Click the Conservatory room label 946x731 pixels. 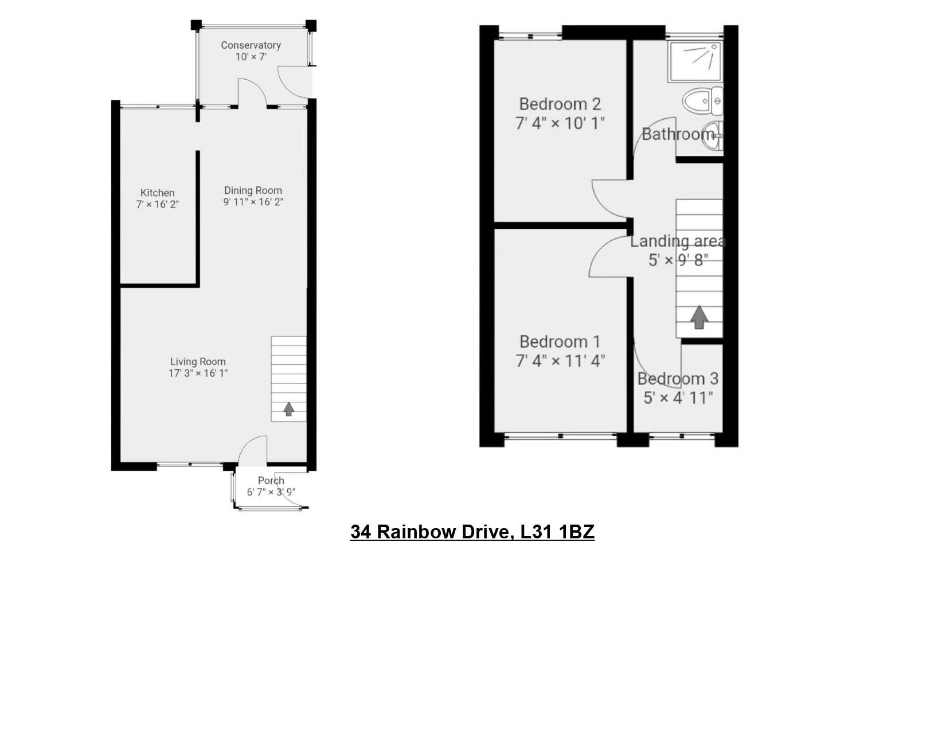tap(251, 45)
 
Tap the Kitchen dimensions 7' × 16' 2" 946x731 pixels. tap(157, 205)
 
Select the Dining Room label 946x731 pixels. tap(253, 190)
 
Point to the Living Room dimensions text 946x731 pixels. tap(198, 373)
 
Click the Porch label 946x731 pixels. tap(271, 480)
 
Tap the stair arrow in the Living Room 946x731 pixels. tap(289, 409)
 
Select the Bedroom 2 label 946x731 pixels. tap(560, 104)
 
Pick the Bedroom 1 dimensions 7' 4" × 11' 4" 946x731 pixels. tap(560, 361)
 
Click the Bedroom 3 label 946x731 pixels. tap(678, 378)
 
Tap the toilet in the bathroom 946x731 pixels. tap(703, 101)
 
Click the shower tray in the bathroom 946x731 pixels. tap(695, 62)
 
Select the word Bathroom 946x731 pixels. tap(678, 134)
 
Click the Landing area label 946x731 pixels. tap(678, 241)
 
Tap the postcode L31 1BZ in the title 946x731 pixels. tap(557, 532)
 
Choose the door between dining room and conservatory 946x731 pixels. tap(253, 92)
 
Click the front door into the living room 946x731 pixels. tap(252, 450)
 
